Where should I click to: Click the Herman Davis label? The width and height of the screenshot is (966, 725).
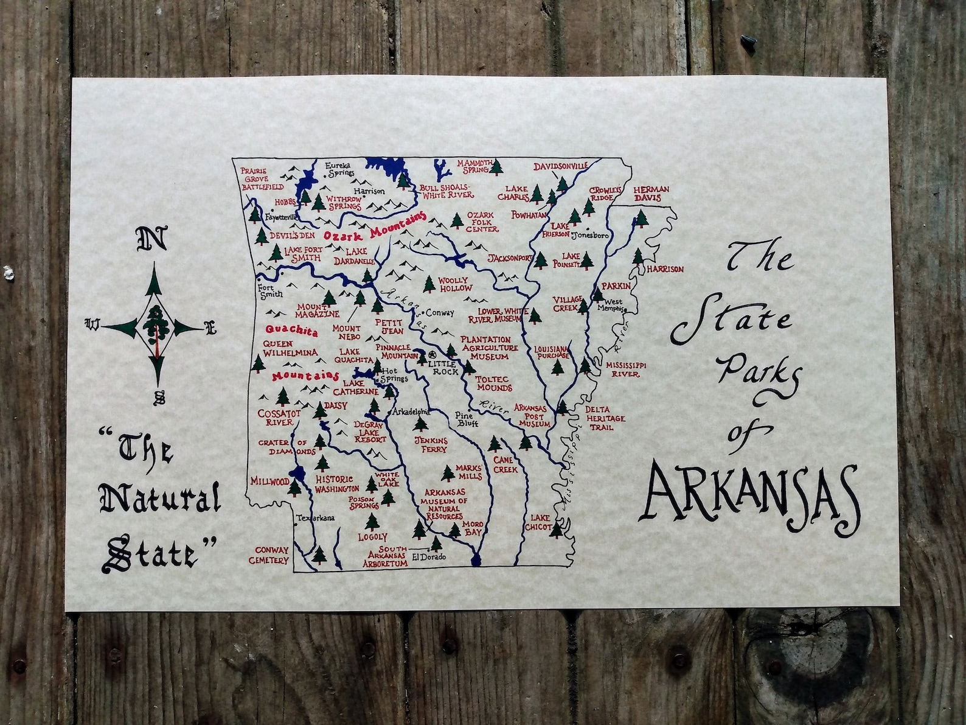pyautogui.click(x=652, y=194)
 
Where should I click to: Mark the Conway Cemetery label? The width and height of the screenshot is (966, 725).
pyautogui.click(x=271, y=555)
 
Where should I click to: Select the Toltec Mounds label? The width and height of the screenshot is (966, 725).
pyautogui.click(x=494, y=383)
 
